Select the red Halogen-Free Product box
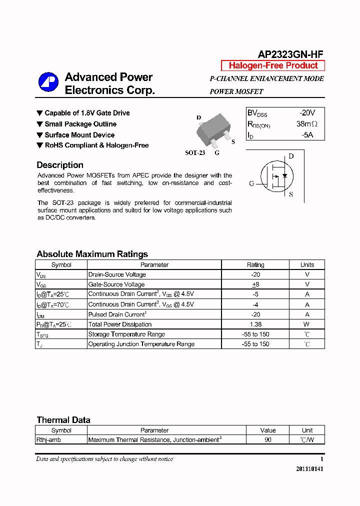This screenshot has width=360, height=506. pyautogui.click(x=273, y=65)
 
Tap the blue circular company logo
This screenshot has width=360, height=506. pyautogui.click(x=48, y=82)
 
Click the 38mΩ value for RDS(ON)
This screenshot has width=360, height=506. pyautogui.click(x=306, y=124)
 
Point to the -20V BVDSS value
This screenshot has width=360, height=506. pyautogui.click(x=307, y=113)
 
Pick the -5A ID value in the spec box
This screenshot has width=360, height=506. pyautogui.click(x=307, y=135)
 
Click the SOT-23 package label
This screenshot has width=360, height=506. pyautogui.click(x=195, y=153)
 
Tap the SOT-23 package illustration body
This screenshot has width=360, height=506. pyautogui.click(x=212, y=129)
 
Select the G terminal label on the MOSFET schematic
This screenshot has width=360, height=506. pyautogui.click(x=251, y=183)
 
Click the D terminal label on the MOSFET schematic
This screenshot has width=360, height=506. pyautogui.click(x=291, y=156)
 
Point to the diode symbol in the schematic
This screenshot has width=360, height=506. pyautogui.click(x=284, y=176)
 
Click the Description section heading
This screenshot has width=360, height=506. pyautogui.click(x=60, y=165)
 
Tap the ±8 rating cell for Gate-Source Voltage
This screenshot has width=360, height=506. pyautogui.click(x=255, y=284)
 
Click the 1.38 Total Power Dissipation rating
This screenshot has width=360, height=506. pyautogui.click(x=255, y=324)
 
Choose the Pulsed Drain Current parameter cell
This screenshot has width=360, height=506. pyautogui.click(x=116, y=314)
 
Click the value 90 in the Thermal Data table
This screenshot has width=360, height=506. pyautogui.click(x=268, y=440)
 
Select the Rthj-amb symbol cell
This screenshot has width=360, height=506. pyautogui.click(x=48, y=440)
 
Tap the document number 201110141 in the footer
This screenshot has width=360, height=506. pyautogui.click(x=309, y=469)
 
